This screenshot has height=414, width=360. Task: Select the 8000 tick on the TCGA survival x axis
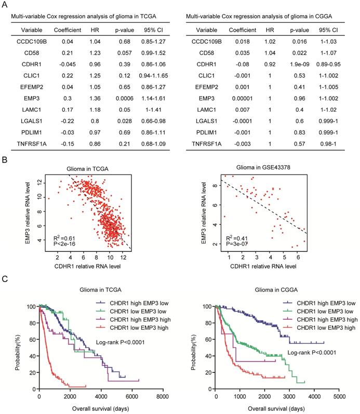pyautogui.click(x=163, y=396)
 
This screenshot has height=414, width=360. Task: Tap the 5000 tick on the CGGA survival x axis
pyautogui.click(x=340, y=396)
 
